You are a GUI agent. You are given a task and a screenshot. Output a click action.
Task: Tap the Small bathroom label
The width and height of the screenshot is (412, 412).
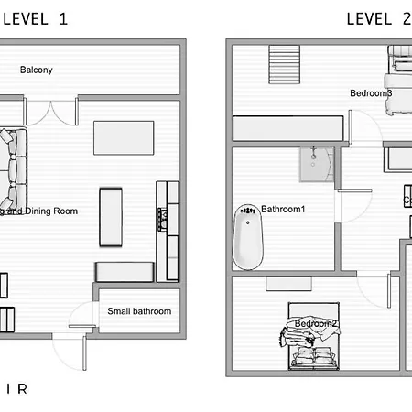pyautogui.click(x=139, y=311)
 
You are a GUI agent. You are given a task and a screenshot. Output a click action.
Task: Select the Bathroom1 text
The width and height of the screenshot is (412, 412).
pyautogui.click(x=283, y=210)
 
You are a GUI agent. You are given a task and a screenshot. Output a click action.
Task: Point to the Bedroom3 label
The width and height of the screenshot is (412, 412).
pyautogui.click(x=371, y=93)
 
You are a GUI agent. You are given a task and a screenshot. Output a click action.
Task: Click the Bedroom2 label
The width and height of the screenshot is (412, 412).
pyautogui.click(x=316, y=324)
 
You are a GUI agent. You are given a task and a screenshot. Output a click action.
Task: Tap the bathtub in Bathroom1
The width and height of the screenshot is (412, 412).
pyautogui.click(x=244, y=235)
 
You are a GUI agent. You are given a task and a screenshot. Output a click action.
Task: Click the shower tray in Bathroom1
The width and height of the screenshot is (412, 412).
pyautogui.click(x=318, y=164)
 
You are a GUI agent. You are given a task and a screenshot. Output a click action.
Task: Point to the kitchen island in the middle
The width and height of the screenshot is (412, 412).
pyautogui.click(x=111, y=217)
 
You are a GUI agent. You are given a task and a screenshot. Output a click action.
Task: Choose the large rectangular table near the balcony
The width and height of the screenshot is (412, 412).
pyautogui.click(x=125, y=138)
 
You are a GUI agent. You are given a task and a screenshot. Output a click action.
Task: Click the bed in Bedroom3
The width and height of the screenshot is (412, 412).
pyautogui.click(x=400, y=82)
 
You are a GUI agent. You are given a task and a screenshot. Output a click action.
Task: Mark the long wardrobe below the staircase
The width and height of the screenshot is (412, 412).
pyautogui.click(x=288, y=128)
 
